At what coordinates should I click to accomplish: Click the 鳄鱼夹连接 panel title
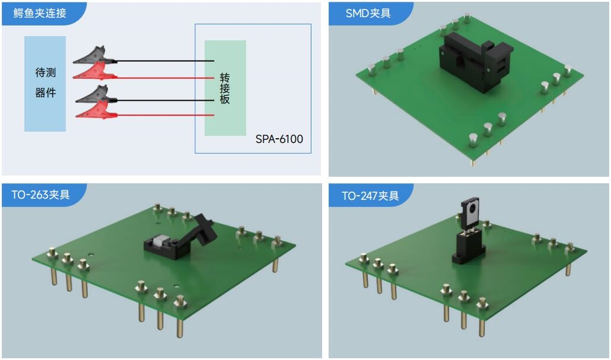point(40,13)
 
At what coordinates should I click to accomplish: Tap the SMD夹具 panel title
point(368,13)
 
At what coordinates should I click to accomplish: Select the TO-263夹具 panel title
point(40,195)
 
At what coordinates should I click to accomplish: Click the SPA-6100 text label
point(279,139)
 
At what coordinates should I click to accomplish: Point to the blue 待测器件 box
point(45,84)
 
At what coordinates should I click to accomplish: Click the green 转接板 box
point(225,88)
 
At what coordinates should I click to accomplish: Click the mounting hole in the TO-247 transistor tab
point(472,208)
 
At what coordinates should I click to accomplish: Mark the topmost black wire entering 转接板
point(166,61)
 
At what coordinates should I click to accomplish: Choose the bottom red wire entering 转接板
point(166,115)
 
